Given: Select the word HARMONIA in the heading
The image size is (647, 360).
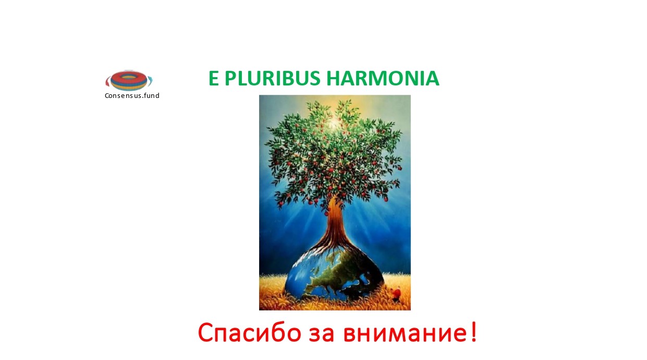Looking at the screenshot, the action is (383, 78).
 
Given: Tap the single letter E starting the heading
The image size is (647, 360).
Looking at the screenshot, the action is (213, 78).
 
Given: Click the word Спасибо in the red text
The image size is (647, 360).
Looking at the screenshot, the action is (250, 333).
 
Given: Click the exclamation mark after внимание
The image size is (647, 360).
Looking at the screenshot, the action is (473, 332).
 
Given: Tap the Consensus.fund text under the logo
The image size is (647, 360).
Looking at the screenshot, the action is (132, 95).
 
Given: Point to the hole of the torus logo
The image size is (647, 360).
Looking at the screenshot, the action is (129, 77).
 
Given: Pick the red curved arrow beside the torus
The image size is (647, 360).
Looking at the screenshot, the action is (107, 81).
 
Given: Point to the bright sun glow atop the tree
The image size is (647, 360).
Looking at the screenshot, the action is (333, 123).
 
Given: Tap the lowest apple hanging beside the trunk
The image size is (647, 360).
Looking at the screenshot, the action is (327, 214).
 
